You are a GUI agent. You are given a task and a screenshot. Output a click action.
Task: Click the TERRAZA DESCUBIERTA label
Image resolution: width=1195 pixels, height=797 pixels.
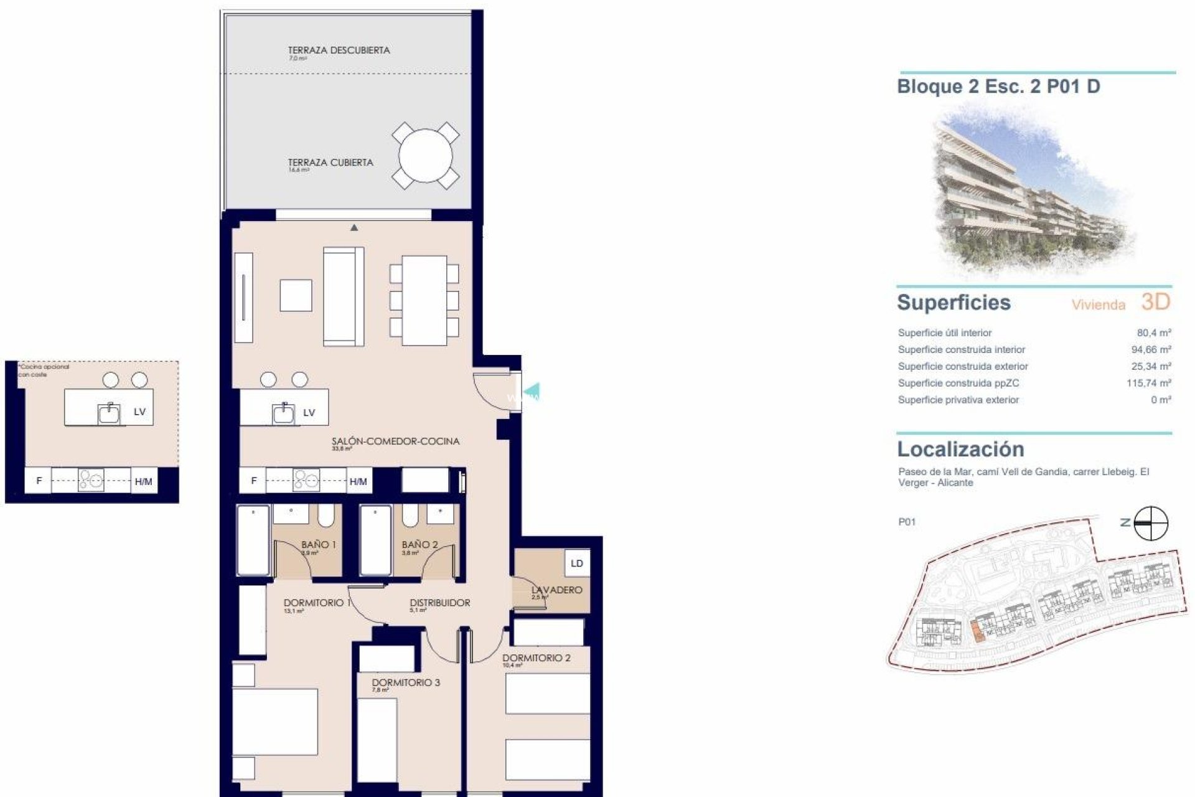click(339, 50)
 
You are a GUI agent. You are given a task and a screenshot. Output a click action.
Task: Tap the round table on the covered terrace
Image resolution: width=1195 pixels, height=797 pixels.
click(426, 156)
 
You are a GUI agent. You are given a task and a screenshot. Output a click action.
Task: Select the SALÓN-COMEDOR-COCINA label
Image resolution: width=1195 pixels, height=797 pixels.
click(395, 441)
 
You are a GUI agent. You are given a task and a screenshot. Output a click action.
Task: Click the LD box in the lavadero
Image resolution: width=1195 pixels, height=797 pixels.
click(577, 564)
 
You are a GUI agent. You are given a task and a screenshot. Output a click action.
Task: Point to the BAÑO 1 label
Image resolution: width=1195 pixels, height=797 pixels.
click(318, 545)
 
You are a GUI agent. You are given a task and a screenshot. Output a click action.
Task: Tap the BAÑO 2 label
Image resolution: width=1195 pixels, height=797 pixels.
click(419, 545)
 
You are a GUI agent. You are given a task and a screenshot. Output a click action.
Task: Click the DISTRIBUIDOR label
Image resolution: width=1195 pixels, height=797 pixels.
click(439, 603)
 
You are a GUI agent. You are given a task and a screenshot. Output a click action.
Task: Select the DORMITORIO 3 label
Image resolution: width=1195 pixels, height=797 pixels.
click(406, 682)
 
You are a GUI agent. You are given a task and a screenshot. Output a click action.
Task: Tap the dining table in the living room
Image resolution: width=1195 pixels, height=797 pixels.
click(424, 300)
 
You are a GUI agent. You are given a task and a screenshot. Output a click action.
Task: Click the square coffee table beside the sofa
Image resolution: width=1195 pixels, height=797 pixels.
click(296, 295)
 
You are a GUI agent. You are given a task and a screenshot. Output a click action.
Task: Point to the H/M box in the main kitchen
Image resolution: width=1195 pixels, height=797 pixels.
click(358, 481)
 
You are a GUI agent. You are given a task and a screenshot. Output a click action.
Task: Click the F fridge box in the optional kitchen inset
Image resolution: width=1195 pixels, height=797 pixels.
click(39, 481)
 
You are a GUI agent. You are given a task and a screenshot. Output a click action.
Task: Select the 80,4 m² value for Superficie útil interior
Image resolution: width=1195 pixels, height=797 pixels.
click(1154, 333)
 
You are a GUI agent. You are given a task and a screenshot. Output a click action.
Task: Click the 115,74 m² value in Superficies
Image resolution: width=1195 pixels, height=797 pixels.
click(1148, 384)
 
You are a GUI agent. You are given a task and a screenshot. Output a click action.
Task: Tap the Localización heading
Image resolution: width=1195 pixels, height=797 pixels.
click(960, 450)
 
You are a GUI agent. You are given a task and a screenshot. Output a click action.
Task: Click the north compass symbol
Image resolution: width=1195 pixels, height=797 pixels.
click(1151, 523)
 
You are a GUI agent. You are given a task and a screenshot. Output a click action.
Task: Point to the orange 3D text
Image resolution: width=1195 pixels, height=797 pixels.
click(1156, 303)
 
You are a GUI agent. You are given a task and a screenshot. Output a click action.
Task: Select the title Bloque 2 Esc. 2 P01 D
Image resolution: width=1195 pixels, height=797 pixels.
click(998, 87)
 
